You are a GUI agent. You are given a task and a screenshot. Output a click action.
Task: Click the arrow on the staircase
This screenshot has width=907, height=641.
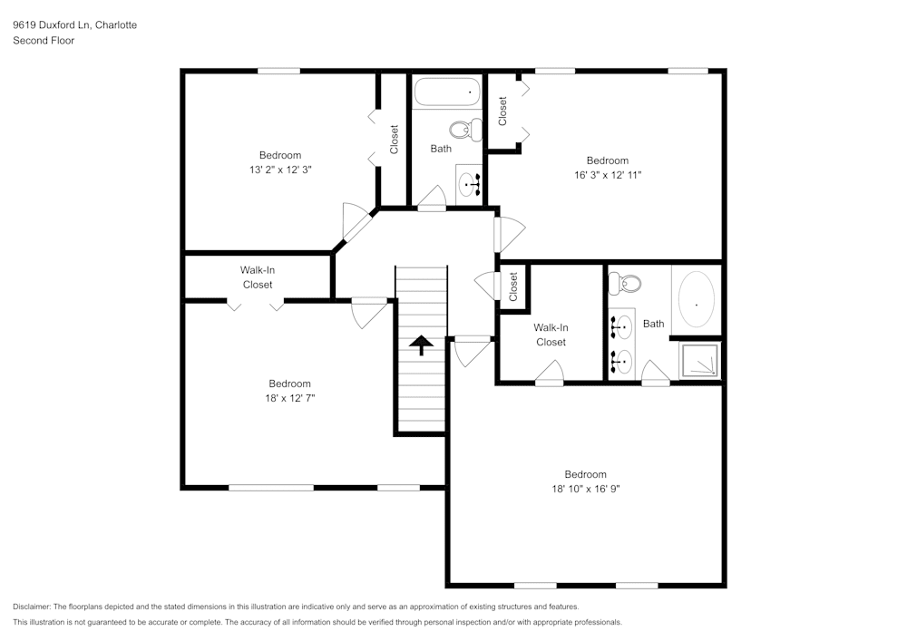[x=421, y=344]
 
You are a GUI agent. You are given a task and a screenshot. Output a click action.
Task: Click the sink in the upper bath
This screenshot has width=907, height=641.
[x=470, y=184]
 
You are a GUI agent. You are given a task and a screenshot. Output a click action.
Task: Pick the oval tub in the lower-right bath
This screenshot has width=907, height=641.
[x=695, y=300]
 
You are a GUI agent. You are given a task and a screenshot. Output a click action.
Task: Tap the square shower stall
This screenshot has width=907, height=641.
[x=699, y=360]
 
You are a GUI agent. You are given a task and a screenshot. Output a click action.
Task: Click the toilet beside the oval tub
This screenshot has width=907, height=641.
[x=626, y=284]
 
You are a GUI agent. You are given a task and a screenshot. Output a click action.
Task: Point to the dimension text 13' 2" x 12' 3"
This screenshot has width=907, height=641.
[x=279, y=170]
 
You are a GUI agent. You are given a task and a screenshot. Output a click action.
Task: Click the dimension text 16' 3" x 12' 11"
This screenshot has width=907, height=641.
[x=607, y=175]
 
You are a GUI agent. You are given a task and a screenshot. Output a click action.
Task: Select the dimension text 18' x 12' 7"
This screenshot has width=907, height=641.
[x=289, y=398]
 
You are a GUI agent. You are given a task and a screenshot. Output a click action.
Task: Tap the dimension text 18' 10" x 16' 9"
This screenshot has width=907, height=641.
[x=585, y=489]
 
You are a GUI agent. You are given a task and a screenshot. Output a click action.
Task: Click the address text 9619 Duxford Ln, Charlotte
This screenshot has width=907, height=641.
[x=75, y=25]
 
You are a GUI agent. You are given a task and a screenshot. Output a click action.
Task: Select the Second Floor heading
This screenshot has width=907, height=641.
[x=44, y=41]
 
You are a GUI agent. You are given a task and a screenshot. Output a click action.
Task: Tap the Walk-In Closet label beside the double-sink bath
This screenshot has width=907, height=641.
[x=551, y=335]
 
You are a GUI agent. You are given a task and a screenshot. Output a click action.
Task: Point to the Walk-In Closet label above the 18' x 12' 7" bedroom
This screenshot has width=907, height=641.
[x=258, y=277]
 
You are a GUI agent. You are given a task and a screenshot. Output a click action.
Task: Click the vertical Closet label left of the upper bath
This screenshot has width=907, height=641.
[x=394, y=140]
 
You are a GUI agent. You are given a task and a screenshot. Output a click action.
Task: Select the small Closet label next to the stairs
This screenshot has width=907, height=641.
[x=513, y=287]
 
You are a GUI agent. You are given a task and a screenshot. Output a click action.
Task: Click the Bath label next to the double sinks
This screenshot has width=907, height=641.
[x=653, y=324]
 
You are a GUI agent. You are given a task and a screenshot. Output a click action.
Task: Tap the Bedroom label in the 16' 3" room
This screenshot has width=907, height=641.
[x=607, y=160]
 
